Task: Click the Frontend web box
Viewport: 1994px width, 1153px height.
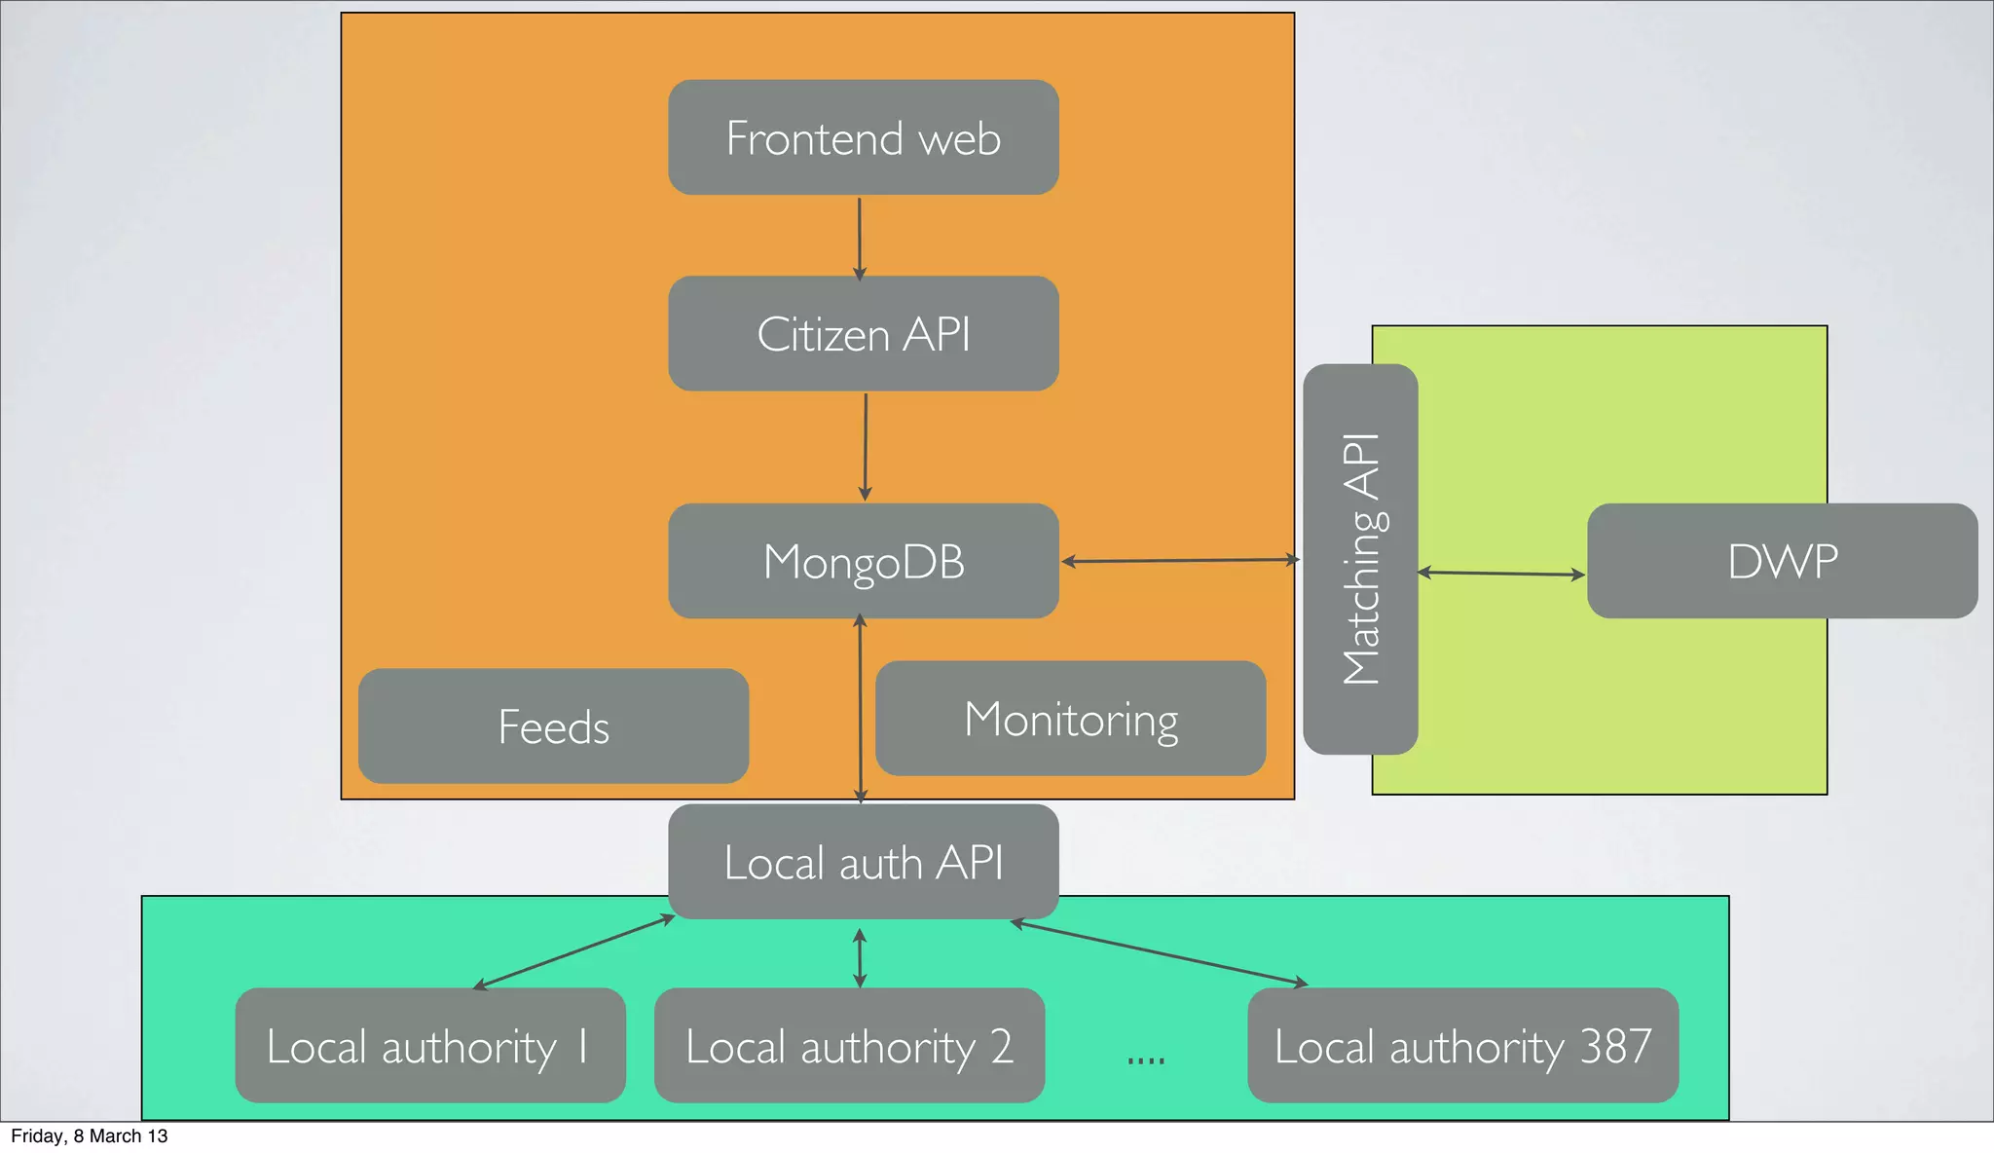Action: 863,137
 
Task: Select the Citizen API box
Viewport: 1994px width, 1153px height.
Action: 863,334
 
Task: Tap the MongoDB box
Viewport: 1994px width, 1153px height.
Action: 863,561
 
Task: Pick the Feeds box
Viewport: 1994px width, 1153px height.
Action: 553,726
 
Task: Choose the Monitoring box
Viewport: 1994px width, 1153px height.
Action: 1070,719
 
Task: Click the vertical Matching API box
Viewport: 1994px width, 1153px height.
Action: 1360,559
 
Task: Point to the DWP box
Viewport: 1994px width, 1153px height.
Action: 1782,561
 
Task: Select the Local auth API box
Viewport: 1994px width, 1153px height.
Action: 863,862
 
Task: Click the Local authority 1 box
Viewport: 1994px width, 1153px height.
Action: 429,1046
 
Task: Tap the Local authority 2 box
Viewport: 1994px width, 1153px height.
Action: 849,1046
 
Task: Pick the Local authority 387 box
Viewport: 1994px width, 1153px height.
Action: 1462,1046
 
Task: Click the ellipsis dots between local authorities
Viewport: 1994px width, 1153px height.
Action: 1145,1060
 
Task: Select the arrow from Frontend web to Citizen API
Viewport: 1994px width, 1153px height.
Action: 859,239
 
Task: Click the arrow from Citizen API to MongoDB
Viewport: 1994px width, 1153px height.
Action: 865,446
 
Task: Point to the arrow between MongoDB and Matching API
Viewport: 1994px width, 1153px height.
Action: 1180,561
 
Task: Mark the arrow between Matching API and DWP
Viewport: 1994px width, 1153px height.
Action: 1501,574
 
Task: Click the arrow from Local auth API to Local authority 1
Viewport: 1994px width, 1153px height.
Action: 573,952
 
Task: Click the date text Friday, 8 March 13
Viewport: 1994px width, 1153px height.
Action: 89,1136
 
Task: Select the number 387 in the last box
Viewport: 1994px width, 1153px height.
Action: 1615,1046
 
